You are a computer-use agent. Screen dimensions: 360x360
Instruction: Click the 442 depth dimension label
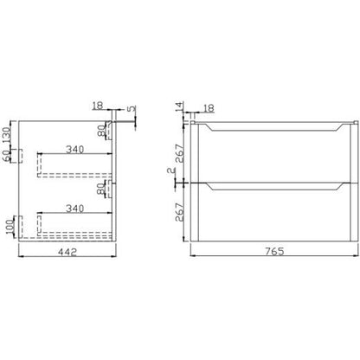(x=67, y=252)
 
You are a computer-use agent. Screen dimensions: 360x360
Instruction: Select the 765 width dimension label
(x=274, y=251)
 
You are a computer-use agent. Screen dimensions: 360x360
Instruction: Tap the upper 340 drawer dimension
(x=75, y=149)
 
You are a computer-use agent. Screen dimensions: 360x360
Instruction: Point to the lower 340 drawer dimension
(x=75, y=209)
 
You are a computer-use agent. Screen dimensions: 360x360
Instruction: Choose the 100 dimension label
(x=10, y=227)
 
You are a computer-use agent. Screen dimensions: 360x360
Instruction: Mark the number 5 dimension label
(x=132, y=109)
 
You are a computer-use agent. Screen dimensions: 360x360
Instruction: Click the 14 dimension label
(x=179, y=106)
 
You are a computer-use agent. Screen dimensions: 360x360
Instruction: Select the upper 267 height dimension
(x=179, y=153)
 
